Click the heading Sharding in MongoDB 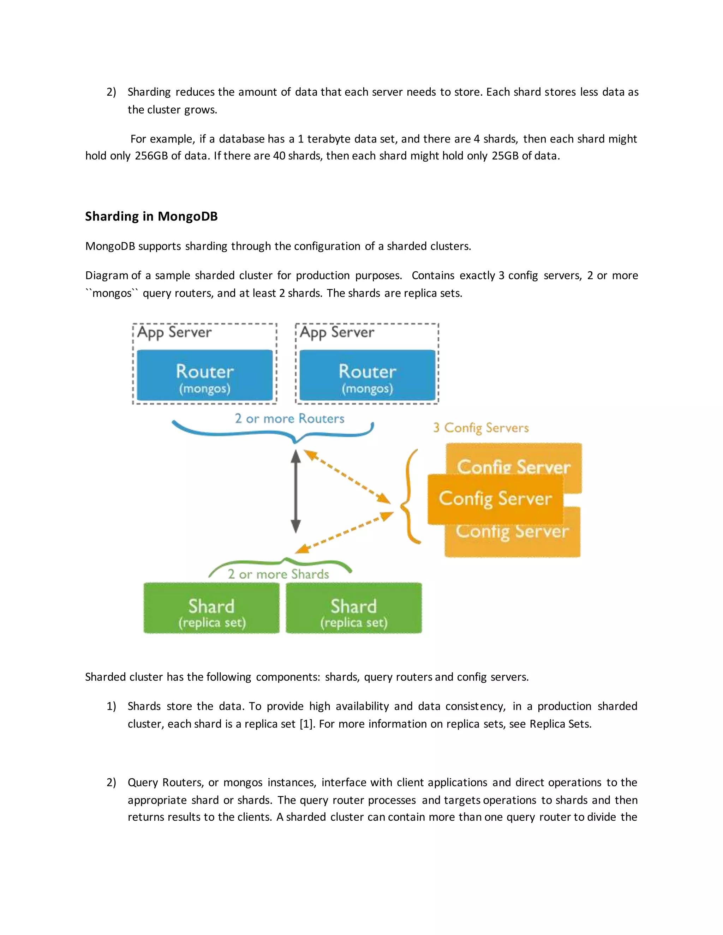(x=151, y=216)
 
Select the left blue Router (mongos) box (x=205, y=375)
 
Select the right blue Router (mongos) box (x=367, y=375)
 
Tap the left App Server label (x=174, y=333)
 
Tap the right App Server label (x=337, y=333)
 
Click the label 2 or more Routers (x=289, y=418)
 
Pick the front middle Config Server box (x=495, y=499)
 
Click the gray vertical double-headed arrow (x=295, y=491)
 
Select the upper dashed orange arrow (x=347, y=476)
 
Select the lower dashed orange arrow (x=344, y=533)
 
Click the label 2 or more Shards (x=279, y=574)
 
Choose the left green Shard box (x=211, y=608)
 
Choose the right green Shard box (x=354, y=608)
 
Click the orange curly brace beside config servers (x=409, y=497)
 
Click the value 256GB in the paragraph (x=151, y=156)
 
